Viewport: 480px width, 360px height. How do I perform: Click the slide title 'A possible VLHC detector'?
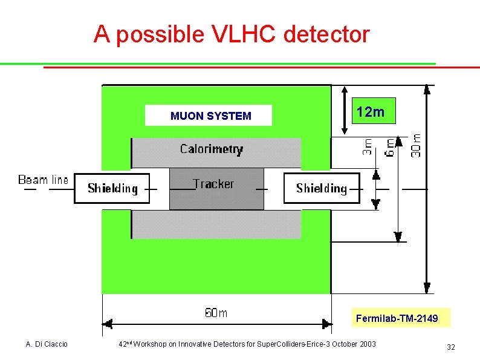pos(231,34)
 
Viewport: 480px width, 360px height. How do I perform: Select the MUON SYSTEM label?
pos(210,116)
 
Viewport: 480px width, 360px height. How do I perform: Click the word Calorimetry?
pos(212,149)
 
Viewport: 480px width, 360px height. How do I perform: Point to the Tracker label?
pos(213,184)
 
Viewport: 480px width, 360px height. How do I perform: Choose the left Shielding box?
pos(112,188)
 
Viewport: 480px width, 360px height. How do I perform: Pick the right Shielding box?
pos(322,188)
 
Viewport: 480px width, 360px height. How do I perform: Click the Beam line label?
pos(43,180)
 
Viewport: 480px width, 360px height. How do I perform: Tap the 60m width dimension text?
pos(216,313)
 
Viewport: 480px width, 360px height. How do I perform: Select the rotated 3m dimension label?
pos(367,146)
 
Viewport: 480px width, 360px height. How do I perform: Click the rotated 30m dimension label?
pos(417,146)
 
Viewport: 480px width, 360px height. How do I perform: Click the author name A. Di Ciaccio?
pos(47,344)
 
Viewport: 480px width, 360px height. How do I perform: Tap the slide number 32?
pos(450,347)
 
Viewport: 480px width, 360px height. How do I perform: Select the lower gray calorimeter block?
pos(216,224)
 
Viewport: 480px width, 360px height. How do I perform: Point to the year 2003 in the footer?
pos(367,344)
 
